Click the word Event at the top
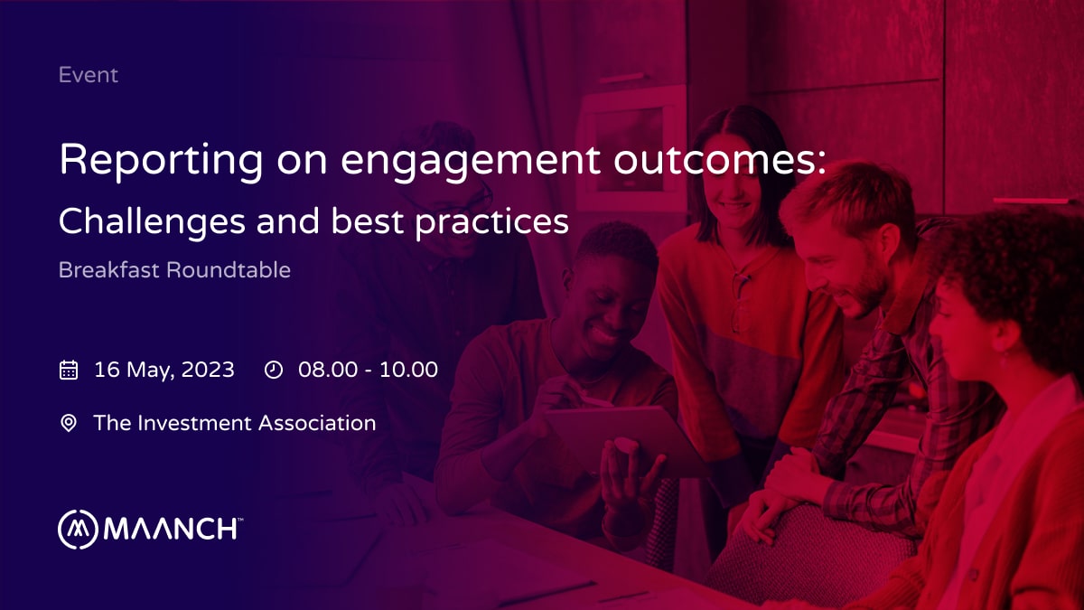tap(88, 75)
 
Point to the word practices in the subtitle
tap(491, 221)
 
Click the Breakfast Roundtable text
tap(174, 270)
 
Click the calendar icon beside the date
tap(69, 370)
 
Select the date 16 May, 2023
tap(164, 370)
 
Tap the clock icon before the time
tap(274, 370)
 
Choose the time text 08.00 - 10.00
tap(368, 370)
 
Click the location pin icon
tap(69, 423)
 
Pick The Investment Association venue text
tap(235, 423)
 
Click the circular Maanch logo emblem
tap(78, 530)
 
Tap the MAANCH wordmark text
tap(172, 530)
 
